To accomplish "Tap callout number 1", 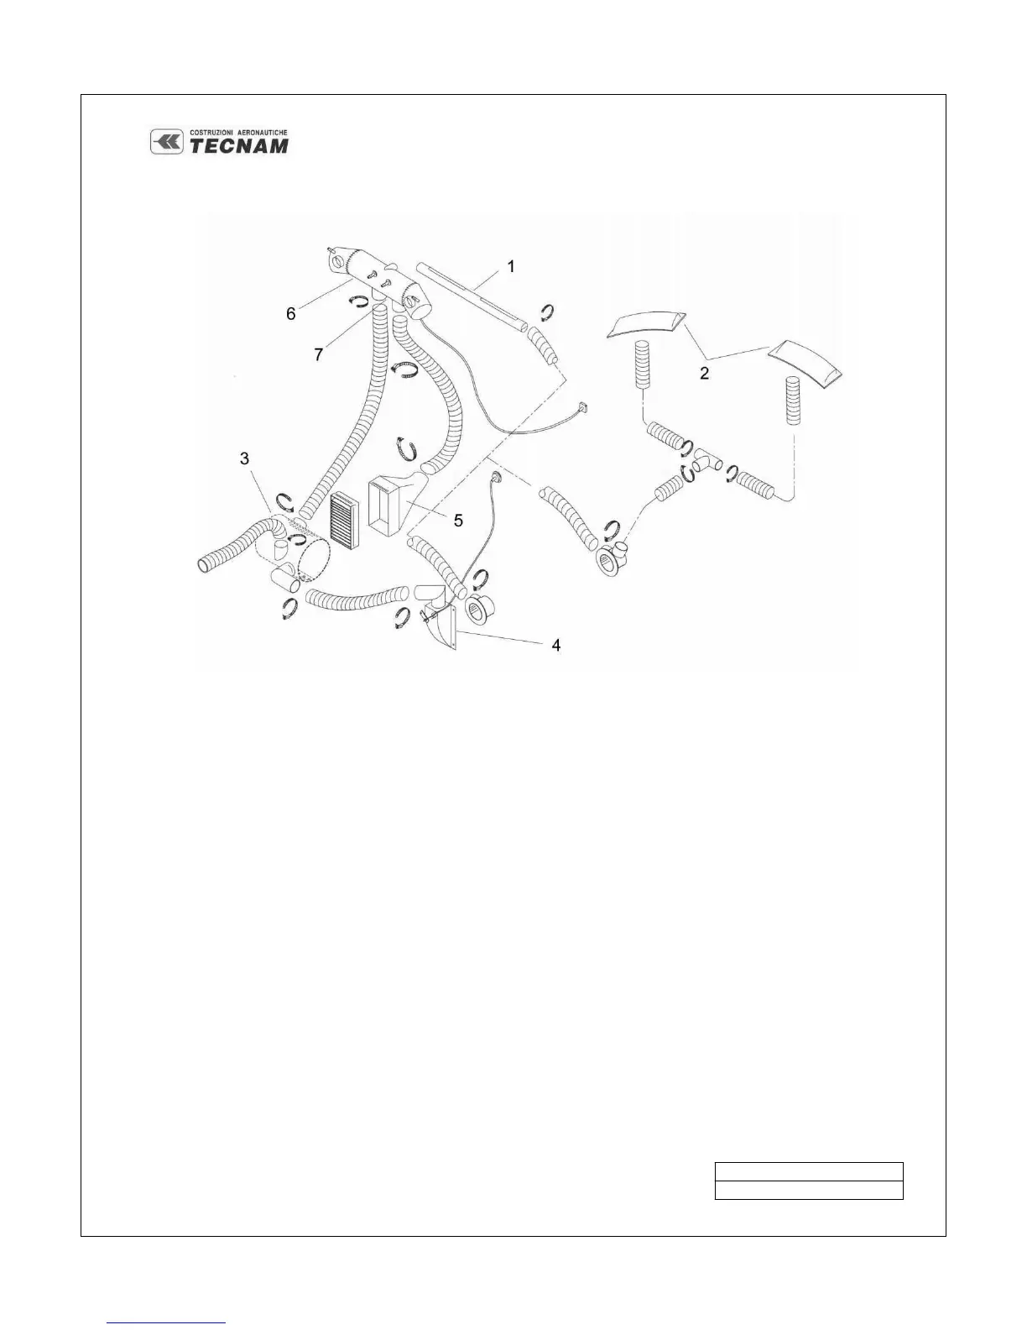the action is point(511,267).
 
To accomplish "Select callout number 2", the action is point(705,373).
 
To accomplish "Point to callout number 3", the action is point(244,458).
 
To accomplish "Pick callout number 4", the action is point(555,645).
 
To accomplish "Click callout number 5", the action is point(458,521).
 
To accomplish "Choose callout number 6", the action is point(290,313).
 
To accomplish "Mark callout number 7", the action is point(318,355).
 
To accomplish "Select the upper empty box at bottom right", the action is point(808,1172).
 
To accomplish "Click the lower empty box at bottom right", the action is point(808,1190).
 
